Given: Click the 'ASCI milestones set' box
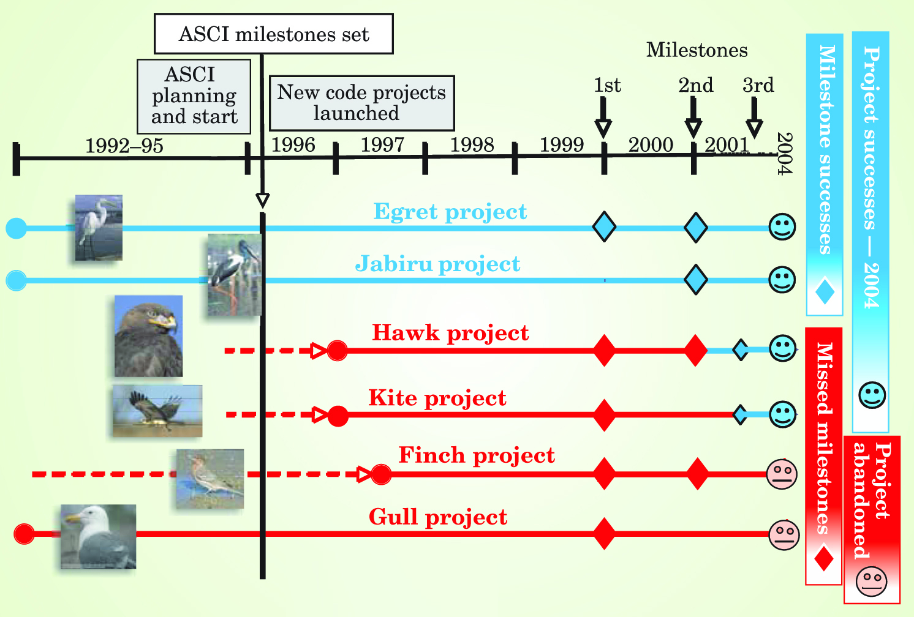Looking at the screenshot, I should coord(273,34).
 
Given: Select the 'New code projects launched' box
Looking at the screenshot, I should coord(361,103).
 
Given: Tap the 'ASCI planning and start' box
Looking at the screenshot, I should coord(194,96).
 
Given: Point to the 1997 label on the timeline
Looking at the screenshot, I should coord(382,145).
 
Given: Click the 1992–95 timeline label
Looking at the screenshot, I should coord(124,146).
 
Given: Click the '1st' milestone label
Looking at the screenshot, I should coord(607,85).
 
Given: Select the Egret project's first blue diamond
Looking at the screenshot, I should coord(604,227).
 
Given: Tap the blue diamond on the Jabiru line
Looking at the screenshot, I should coord(695,280).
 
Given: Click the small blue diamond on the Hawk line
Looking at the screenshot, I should coord(741,350).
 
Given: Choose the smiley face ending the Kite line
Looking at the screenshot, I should coord(782,414).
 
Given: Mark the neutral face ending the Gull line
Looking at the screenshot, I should coord(784,535).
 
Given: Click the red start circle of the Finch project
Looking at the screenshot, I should coord(381,474).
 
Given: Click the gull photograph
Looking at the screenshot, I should coord(99,537).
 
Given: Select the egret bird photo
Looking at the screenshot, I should coord(99,228).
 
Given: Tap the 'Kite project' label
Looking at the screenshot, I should coord(437,398).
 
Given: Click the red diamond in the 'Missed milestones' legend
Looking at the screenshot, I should coord(824,558).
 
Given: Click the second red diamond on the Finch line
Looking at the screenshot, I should coord(697,474).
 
